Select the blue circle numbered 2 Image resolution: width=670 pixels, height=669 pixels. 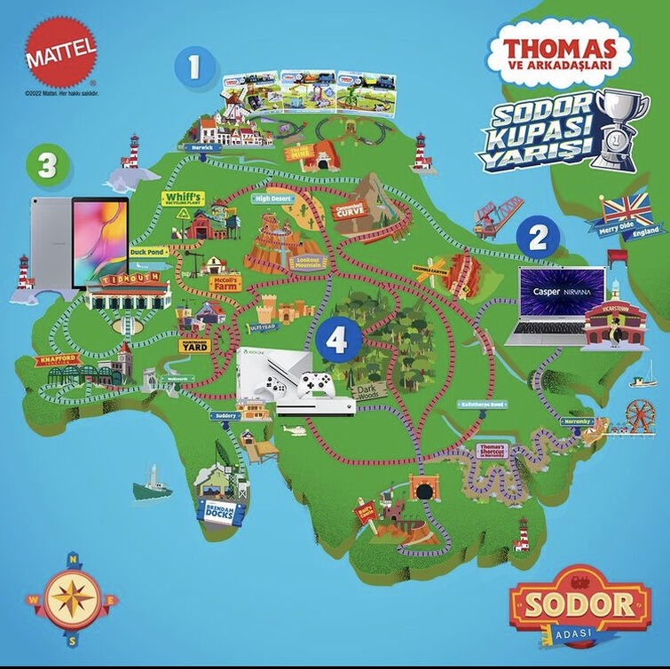click(x=537, y=238)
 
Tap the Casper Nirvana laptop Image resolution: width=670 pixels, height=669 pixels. click(x=555, y=306)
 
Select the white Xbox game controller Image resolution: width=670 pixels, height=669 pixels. click(x=316, y=384)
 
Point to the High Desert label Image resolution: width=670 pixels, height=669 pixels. click(x=274, y=200)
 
